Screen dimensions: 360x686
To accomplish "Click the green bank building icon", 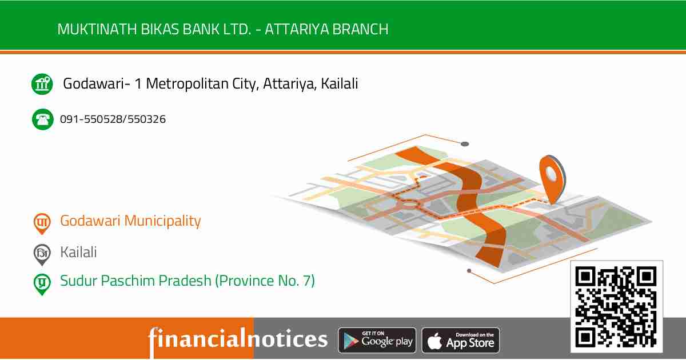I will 42,85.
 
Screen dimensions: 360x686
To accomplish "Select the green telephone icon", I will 42,119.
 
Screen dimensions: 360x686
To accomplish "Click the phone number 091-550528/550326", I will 113,119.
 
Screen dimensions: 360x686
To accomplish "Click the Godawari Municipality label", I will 130,221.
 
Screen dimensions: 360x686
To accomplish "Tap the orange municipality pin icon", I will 42,223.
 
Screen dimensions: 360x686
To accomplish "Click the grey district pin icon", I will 42,254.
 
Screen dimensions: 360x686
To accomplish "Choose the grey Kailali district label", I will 78,252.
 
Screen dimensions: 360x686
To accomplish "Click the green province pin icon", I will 42,283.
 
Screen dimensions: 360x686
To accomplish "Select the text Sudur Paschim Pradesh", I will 135,281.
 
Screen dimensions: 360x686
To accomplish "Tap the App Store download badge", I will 461,341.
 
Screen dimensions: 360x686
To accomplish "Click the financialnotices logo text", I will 238,339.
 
